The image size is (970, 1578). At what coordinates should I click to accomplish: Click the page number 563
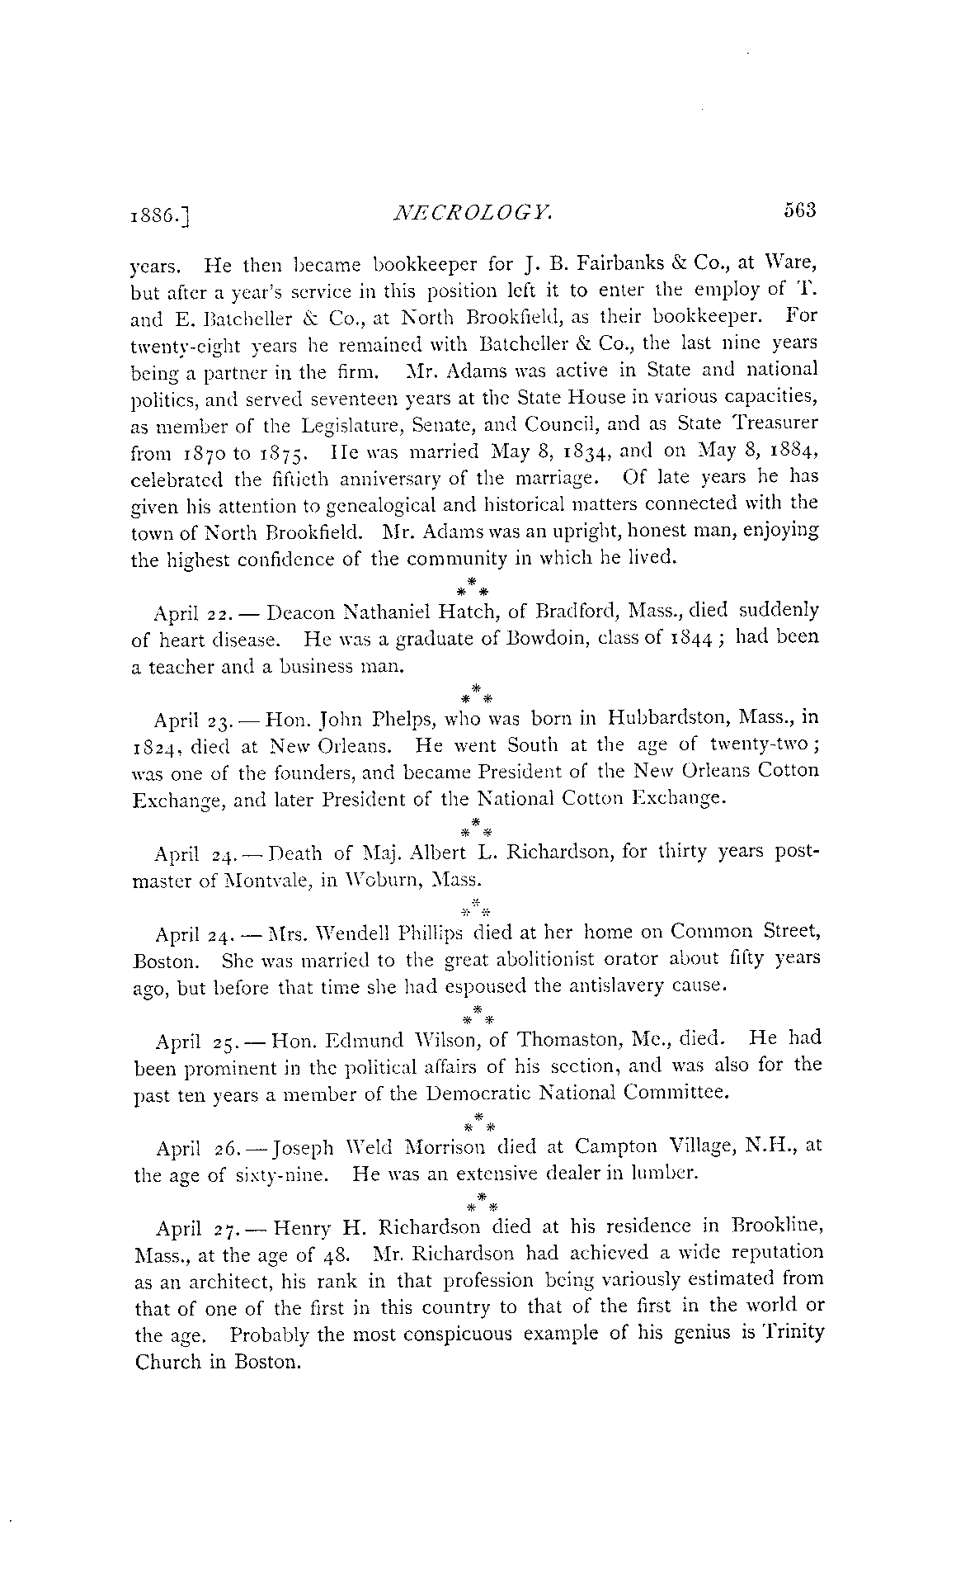[x=799, y=210]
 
